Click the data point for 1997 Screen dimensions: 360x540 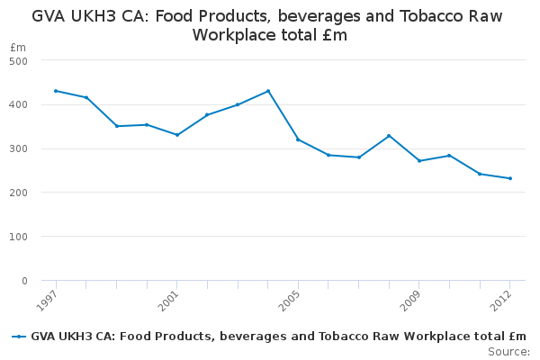56,91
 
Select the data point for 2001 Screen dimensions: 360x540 177,135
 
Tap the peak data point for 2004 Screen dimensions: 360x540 268,91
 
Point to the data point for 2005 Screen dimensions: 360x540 298,139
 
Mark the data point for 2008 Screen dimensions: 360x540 389,136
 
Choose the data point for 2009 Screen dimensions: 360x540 419,161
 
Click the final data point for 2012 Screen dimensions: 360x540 510,178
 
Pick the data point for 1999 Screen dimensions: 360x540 117,126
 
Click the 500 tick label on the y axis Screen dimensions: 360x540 19,60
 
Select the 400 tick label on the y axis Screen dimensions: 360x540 19,104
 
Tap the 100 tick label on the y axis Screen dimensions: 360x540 19,237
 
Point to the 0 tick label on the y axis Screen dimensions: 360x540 24,281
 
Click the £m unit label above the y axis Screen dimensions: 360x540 18,47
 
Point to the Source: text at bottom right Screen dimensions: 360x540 508,351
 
